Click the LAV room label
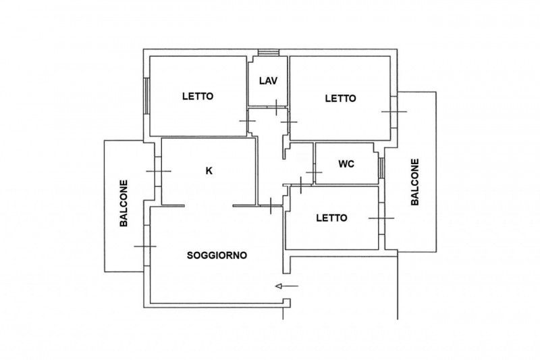268,81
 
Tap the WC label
346,164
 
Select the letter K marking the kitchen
209,170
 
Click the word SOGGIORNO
217,255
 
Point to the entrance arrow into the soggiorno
286,286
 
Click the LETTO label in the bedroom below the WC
331,218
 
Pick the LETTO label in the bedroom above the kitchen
198,96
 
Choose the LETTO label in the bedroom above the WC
341,99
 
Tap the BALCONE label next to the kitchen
124,203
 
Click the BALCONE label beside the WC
415,182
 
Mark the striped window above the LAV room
269,53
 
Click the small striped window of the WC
381,168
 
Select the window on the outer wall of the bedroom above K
146,96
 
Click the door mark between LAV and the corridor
277,107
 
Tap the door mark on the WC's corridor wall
314,172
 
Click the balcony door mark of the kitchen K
159,171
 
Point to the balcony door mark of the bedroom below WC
381,218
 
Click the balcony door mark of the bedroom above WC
394,111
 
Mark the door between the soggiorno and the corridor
271,205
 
